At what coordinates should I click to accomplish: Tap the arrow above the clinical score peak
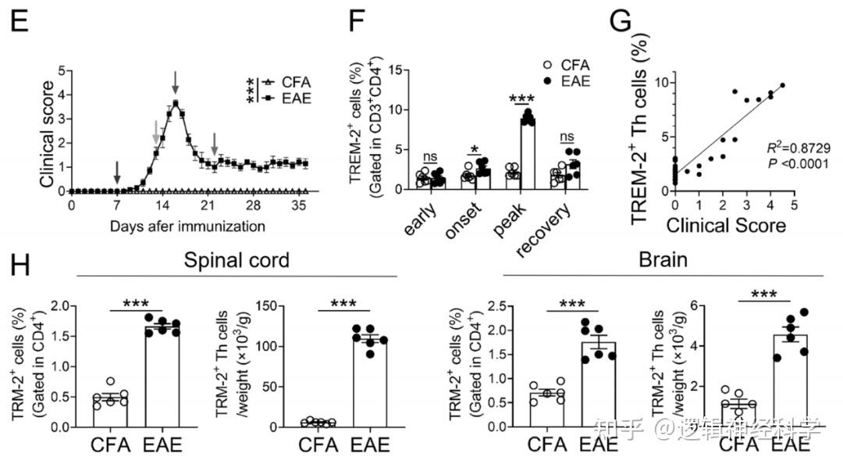[176, 80]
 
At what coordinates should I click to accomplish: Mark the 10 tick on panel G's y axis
[663, 82]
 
